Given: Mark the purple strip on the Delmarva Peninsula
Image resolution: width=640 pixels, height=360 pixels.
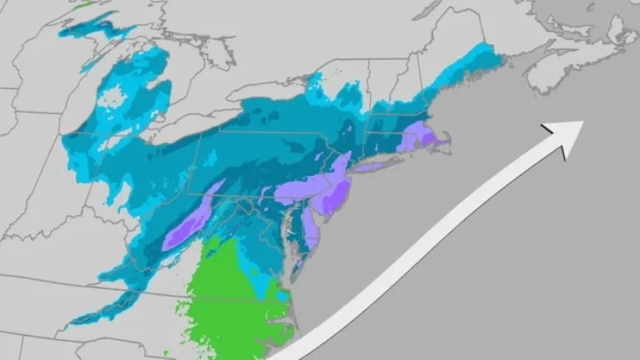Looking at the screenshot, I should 310,233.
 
